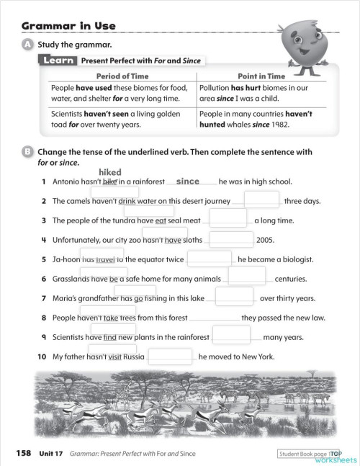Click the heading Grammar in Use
pos(68,27)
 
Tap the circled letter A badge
pos(27,45)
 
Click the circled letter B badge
pos(27,152)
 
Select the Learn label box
pos(59,61)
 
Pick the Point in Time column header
pos(261,76)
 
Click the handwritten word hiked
pos(110,172)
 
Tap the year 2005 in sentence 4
pos(266,240)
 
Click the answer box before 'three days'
pos(261,200)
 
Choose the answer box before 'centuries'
pos(247,276)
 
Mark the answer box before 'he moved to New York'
pos(171,355)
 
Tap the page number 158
pos(24,453)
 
